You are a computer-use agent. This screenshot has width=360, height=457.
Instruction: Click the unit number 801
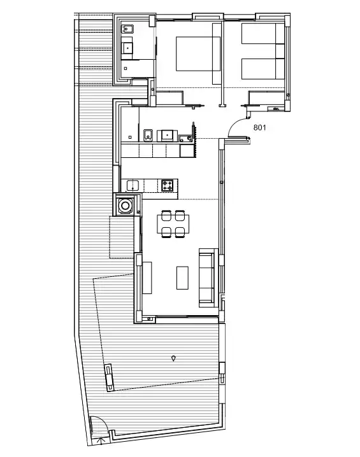(259, 127)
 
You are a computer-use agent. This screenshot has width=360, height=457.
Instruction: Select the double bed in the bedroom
(198, 53)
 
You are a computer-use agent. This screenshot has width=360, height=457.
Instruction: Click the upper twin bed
(263, 34)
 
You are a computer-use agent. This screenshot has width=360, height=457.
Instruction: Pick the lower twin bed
(263, 69)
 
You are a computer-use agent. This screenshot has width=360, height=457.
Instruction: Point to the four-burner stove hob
(168, 185)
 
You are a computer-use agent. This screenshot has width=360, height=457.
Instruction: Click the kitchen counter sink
(133, 185)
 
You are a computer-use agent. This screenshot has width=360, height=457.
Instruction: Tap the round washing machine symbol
(125, 206)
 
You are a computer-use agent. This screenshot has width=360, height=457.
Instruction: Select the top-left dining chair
(166, 216)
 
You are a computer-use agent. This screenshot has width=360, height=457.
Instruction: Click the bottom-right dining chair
(180, 232)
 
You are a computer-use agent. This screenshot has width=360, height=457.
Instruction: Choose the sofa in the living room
(208, 278)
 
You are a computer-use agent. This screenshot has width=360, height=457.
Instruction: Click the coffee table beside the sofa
(182, 278)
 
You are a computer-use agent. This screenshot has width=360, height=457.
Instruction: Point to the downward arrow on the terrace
(173, 358)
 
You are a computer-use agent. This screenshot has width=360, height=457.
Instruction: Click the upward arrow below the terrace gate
(101, 440)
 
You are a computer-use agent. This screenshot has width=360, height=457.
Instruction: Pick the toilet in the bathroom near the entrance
(148, 135)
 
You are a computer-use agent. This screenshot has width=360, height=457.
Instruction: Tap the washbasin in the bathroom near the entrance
(167, 136)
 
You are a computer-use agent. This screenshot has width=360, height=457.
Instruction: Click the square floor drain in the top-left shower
(126, 69)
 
